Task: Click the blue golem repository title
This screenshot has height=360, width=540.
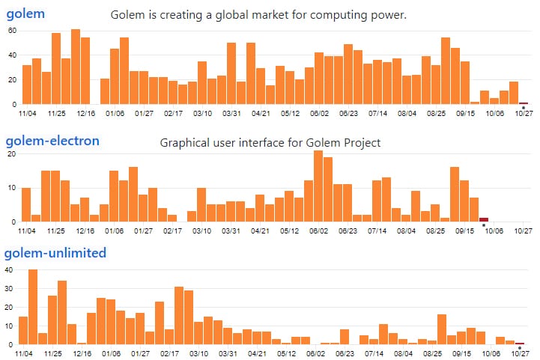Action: [x=25, y=13]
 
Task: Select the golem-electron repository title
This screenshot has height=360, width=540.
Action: [x=52, y=141]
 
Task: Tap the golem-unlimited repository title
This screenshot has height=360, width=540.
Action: [x=55, y=253]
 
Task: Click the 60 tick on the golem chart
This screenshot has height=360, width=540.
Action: [x=11, y=31]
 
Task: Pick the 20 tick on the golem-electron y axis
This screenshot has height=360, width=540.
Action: [x=11, y=153]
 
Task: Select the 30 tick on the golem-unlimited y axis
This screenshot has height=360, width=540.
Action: [x=11, y=288]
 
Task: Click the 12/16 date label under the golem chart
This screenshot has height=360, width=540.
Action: [x=85, y=114]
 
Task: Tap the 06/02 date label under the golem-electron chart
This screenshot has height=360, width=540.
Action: [x=319, y=231]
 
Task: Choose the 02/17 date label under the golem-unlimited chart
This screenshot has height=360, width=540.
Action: [x=173, y=354]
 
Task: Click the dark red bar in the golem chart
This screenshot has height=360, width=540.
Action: [x=524, y=103]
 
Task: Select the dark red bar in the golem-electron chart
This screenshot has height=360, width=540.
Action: [x=484, y=219]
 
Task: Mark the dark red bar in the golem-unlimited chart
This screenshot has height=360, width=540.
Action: [x=520, y=343]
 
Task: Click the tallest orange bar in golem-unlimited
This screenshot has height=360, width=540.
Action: [x=33, y=307]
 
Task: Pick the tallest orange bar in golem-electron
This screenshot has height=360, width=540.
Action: [x=318, y=186]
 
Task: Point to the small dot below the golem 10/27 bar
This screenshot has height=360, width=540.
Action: [x=523, y=108]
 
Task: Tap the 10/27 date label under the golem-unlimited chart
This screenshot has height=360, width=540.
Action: [x=523, y=354]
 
